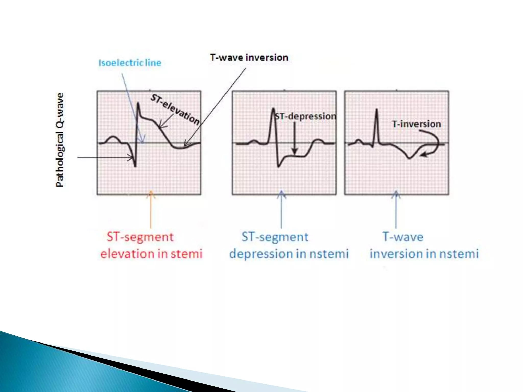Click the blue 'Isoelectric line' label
[x=130, y=63]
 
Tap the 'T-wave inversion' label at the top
[x=249, y=58]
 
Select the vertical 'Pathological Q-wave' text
[x=60, y=140]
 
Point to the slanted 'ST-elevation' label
[x=175, y=109]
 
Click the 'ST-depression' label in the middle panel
[x=305, y=116]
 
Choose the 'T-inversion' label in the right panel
[x=416, y=124]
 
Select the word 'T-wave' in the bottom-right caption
[x=403, y=237]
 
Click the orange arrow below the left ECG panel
[x=151, y=209]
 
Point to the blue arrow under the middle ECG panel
[x=281, y=209]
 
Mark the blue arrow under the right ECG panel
[x=396, y=209]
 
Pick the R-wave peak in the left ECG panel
[x=138, y=103]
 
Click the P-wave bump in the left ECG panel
[x=112, y=138]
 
